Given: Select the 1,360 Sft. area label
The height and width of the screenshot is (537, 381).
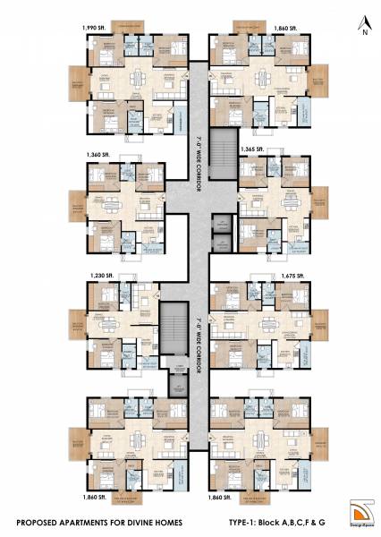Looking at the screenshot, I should point(98,156).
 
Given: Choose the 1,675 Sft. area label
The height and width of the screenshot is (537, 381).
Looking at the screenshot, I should point(292,277).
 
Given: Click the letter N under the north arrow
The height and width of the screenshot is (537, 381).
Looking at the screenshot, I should point(365,33).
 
